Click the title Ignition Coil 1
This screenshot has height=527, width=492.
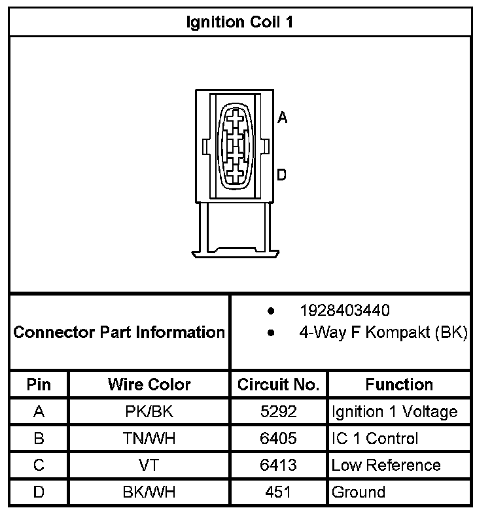click(239, 22)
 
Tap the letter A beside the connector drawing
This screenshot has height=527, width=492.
click(282, 118)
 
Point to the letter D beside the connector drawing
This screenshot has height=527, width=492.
click(282, 175)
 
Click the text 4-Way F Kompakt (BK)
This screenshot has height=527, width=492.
click(383, 332)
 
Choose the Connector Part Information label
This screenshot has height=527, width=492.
click(119, 332)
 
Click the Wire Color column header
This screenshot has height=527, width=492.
click(149, 384)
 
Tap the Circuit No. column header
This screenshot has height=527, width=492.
click(279, 384)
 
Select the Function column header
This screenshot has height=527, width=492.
click(399, 384)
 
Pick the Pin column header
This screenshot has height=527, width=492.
click(39, 384)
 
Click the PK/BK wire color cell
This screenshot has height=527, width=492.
click(149, 412)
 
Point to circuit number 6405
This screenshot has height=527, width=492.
click(279, 439)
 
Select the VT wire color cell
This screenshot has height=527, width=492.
click(149, 466)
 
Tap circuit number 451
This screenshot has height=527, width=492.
click(279, 492)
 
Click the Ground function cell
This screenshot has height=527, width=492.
click(359, 492)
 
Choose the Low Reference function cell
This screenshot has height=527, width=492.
click(386, 466)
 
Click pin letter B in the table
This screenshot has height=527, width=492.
click(39, 439)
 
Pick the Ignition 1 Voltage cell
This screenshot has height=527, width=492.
click(395, 412)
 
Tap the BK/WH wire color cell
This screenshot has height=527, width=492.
click(149, 492)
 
